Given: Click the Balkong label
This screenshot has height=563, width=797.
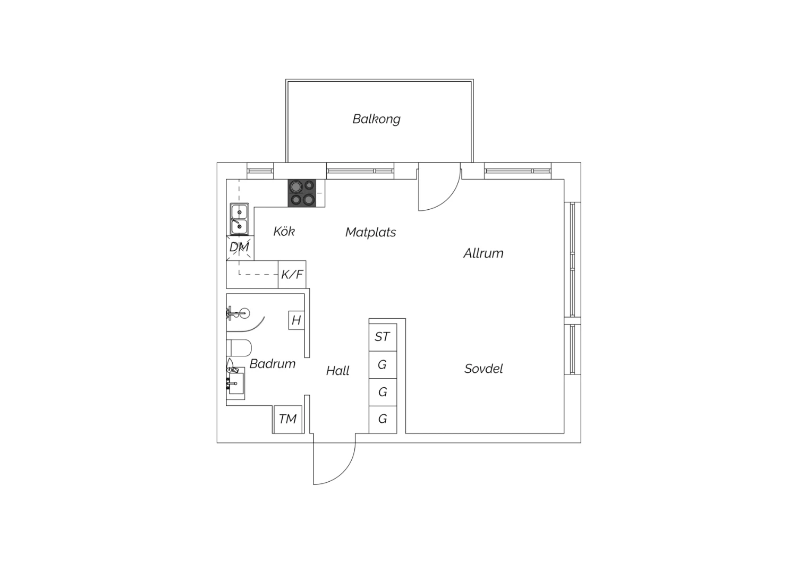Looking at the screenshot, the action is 376,119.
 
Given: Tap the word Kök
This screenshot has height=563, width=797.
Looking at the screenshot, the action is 284,231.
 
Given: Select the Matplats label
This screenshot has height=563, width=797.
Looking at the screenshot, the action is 370,232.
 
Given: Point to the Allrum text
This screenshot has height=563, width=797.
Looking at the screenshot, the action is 483,253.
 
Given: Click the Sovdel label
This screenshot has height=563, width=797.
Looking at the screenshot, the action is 483,369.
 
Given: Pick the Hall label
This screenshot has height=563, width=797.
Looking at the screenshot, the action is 337,371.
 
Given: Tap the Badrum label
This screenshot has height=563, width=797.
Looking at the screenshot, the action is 272,363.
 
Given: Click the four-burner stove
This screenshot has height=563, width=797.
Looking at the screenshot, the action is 302,193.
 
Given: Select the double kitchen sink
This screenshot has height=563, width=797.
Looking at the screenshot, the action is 239,219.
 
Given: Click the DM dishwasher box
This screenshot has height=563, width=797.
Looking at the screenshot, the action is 240,247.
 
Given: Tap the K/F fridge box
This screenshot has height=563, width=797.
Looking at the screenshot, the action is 292,274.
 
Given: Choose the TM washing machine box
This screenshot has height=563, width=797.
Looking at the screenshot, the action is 288,419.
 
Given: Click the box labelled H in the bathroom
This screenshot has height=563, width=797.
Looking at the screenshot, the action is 296,320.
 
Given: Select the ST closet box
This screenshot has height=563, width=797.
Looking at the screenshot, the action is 383,337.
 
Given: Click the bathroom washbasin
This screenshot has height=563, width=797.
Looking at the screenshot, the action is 235,383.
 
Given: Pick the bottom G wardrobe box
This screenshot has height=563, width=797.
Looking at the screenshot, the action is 383,420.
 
